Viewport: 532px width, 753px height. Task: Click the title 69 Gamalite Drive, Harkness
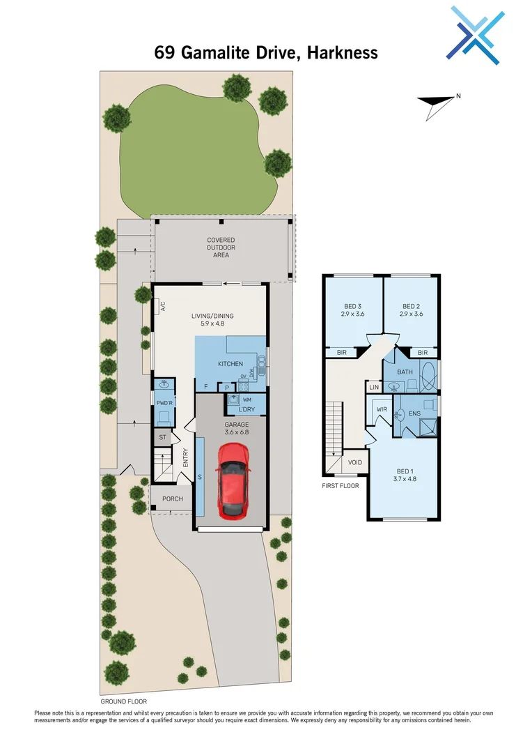(x=266, y=53)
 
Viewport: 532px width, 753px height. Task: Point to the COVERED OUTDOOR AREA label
(x=221, y=248)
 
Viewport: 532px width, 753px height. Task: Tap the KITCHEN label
(x=230, y=365)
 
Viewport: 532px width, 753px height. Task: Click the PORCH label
(x=172, y=499)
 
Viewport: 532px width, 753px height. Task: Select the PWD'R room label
(x=164, y=403)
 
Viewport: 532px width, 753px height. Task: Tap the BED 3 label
(x=354, y=310)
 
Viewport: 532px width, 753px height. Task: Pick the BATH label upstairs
(x=405, y=372)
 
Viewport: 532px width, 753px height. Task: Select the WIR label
(x=381, y=410)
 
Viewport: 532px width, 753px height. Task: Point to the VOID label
(x=354, y=462)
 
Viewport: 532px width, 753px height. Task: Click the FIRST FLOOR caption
(x=340, y=485)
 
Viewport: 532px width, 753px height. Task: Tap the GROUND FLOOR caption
(x=123, y=701)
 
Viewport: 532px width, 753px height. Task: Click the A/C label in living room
(x=162, y=305)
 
